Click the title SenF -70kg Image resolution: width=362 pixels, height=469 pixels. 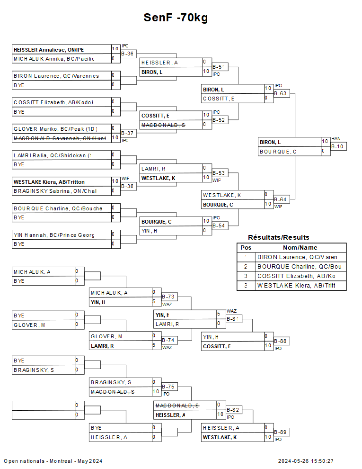pos(176,18)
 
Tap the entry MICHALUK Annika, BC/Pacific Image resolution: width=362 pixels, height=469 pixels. pos(53,59)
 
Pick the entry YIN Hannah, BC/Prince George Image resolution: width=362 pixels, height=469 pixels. pos(53,234)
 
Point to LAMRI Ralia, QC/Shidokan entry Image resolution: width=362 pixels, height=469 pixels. pos(53,155)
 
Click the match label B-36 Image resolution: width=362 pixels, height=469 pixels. pos(127,54)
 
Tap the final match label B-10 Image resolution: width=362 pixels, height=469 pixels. pos(338,147)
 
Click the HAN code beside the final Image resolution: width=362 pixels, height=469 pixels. pos(336,139)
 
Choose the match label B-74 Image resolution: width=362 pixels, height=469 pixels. pos(168,341)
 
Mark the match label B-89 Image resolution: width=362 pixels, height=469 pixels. pos(281,433)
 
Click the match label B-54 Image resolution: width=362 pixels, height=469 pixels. pos(219,226)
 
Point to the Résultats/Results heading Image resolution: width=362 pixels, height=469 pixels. pos(279,237)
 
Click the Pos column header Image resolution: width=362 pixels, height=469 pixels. pos(246,248)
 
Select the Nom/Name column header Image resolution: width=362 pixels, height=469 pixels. pos(300,248)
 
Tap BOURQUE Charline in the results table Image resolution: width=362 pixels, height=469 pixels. pos(300,267)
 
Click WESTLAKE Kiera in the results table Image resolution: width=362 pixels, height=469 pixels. pos(300,286)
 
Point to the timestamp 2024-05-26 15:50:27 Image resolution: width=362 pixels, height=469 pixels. pos(306,461)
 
